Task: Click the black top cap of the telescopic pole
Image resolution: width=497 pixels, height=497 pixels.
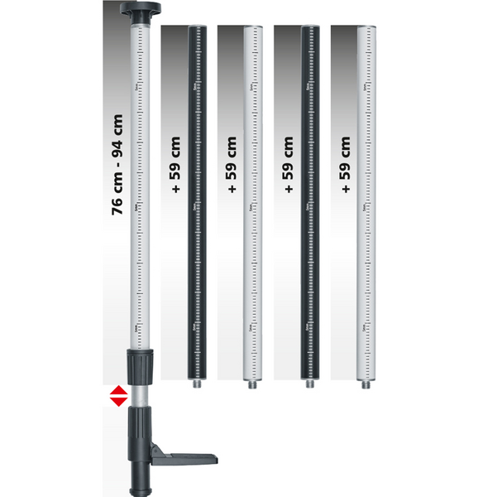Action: coord(139,12)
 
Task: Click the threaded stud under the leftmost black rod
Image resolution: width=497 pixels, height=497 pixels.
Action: coord(196,384)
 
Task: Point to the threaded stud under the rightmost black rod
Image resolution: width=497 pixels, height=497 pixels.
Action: coord(308,384)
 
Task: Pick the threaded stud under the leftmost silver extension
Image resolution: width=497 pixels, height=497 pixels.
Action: coord(252,384)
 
